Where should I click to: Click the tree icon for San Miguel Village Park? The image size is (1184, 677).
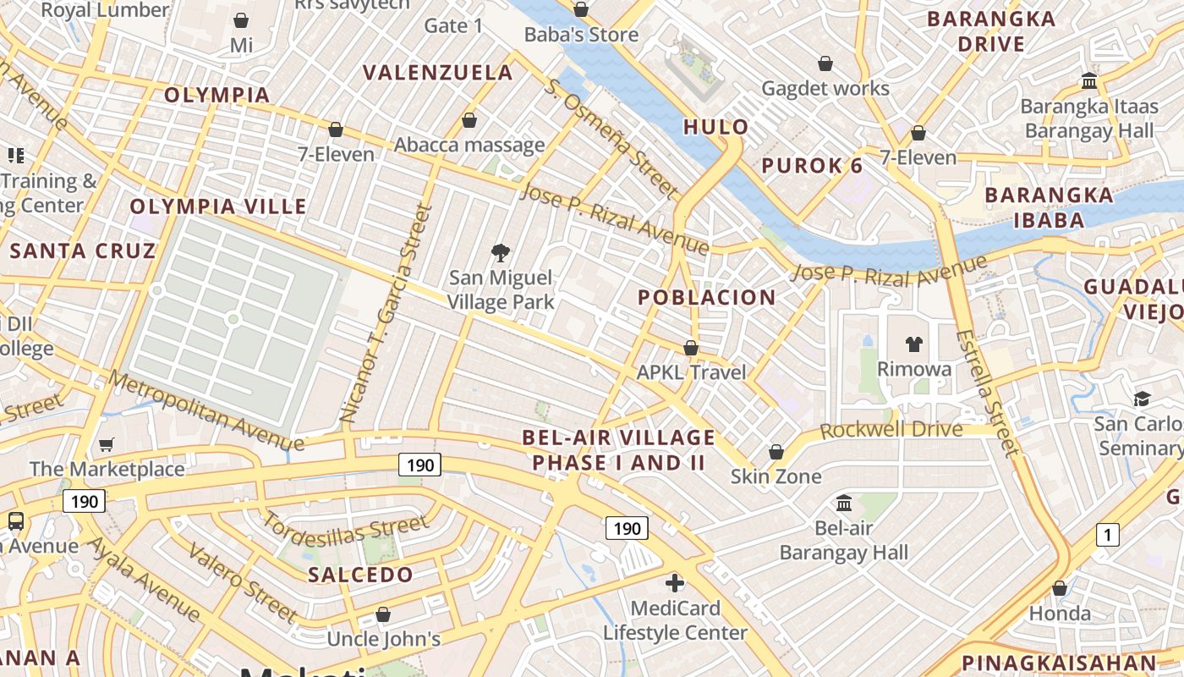click(501, 252)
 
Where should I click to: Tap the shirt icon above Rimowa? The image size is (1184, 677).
click(913, 344)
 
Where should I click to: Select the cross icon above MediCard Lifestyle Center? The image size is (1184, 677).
click(675, 583)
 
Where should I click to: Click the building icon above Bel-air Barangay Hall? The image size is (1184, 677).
click(843, 504)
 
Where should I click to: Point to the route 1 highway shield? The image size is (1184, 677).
click(1107, 535)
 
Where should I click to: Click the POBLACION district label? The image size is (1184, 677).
click(706, 297)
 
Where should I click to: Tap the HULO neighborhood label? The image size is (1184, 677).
click(715, 127)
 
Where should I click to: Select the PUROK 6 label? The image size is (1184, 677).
click(812, 166)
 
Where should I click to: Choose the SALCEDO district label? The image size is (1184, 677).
click(360, 575)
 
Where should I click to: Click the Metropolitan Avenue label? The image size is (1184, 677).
click(206, 411)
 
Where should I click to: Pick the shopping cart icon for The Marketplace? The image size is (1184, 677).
click(107, 444)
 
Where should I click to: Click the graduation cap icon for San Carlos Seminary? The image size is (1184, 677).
click(1142, 399)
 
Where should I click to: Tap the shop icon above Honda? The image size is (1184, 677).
click(1060, 588)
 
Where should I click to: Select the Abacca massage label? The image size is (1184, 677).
click(469, 145)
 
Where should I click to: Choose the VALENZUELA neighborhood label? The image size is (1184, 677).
click(438, 73)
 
